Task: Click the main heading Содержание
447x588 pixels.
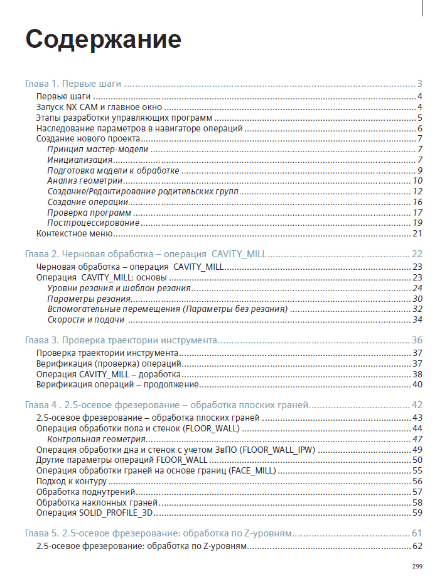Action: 104,39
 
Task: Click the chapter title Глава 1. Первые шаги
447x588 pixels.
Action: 73,84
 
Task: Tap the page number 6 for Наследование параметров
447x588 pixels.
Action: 419,128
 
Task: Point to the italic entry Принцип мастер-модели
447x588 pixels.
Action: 98,149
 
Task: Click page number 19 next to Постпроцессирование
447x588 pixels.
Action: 417,223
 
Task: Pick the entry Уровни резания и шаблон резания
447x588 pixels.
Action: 119,288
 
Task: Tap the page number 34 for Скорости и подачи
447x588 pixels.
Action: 417,320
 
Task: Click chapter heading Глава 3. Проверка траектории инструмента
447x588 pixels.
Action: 121,340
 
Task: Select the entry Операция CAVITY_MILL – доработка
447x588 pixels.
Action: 108,374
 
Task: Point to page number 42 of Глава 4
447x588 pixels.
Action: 417,406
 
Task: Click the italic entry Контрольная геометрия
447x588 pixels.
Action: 97,439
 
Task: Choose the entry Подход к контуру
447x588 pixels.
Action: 68,481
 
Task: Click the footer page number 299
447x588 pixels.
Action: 417,567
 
